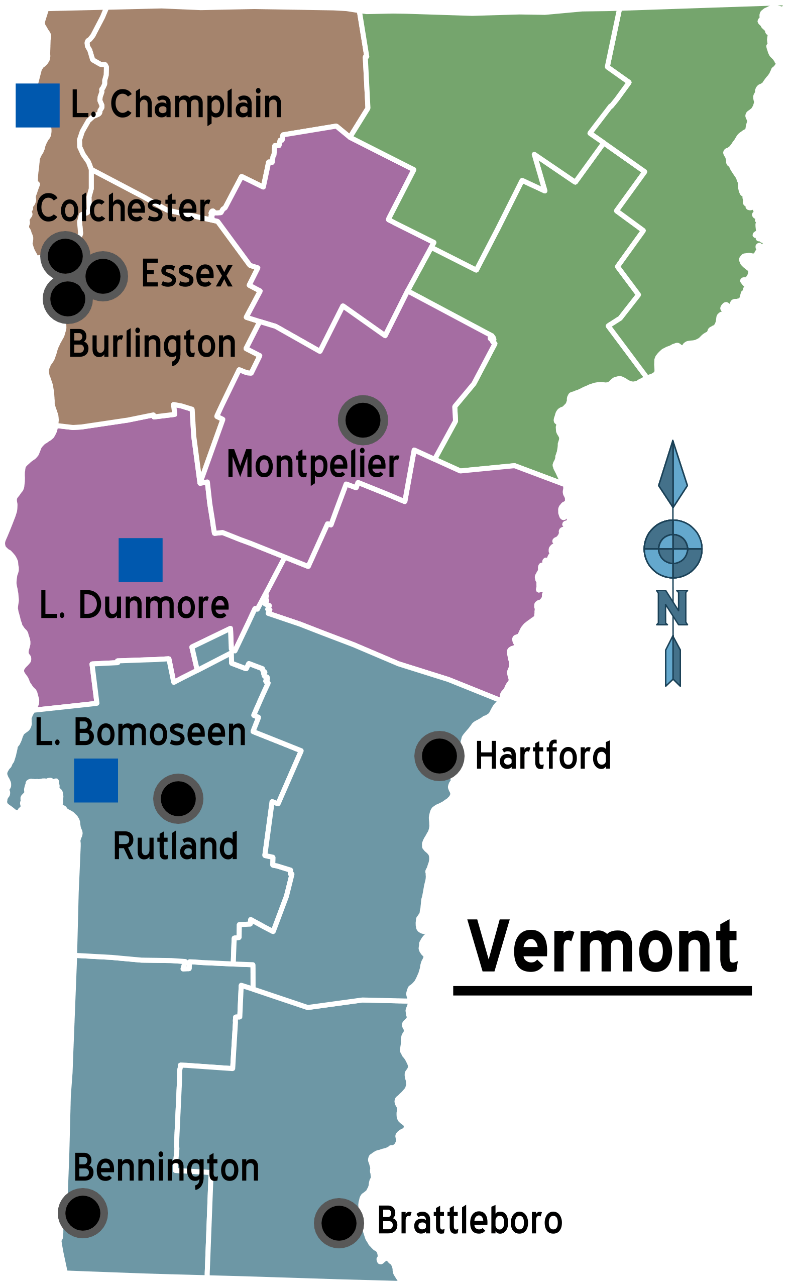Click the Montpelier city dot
coord(363,420)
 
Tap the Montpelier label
coord(313,465)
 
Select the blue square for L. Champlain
coord(37,105)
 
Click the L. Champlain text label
coord(176,104)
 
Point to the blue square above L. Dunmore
coord(141,560)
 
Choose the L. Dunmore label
coord(134,605)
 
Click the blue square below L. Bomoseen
coord(96,781)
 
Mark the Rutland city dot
coord(178,799)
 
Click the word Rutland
coord(175,846)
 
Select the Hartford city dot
coord(439,756)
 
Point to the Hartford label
coord(543,756)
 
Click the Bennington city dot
coord(83,1213)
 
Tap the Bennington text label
coord(166,1168)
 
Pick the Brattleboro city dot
coord(339,1223)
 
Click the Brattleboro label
coord(470,1221)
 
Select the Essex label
coord(186,273)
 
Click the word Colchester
coord(123,208)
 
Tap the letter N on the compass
coord(672,608)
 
